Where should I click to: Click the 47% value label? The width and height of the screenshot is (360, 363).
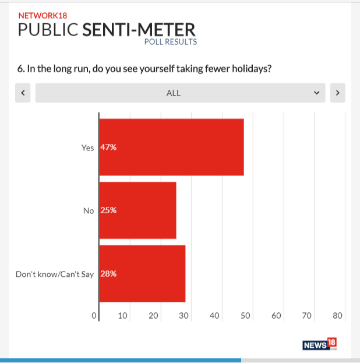109,147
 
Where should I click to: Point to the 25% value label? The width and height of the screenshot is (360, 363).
108,210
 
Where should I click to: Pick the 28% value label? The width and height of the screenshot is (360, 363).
108,273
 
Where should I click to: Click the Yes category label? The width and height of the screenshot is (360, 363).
87,147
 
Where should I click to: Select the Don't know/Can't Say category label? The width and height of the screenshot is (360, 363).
55,273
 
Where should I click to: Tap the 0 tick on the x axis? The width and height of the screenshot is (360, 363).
94,316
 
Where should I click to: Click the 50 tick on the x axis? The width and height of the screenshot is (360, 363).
245,316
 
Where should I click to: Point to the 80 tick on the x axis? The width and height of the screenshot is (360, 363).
337,316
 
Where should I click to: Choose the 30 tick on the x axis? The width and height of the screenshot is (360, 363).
183,316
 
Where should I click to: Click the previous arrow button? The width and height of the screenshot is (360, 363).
23,93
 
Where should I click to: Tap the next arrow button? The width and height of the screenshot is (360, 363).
338,93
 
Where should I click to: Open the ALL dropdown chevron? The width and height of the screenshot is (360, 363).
316,93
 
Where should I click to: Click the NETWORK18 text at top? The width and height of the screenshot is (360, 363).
42,16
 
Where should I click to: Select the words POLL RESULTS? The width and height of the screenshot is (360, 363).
171,42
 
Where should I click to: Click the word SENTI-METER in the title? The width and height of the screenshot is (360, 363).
139,30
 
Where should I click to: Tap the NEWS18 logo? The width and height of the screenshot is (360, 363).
319,344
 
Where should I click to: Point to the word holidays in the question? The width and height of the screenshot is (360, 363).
251,69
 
